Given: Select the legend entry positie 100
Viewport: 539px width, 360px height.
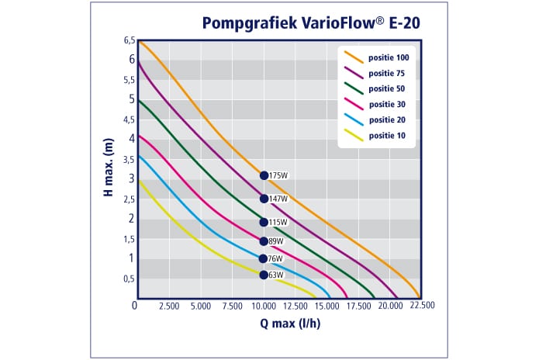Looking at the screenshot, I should (392, 58).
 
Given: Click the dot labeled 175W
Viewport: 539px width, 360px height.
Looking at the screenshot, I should (264, 175).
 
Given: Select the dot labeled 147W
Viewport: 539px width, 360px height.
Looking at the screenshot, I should (264, 199).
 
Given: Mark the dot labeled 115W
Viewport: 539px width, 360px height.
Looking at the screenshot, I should (264, 222).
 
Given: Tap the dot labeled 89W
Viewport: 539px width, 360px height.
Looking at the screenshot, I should (264, 241).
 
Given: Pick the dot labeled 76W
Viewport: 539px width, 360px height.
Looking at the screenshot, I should (264, 258).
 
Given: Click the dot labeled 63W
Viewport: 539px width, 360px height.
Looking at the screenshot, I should (264, 275).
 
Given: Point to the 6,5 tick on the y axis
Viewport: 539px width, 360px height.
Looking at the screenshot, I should (129, 40).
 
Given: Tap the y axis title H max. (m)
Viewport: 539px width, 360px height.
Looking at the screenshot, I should (109, 167).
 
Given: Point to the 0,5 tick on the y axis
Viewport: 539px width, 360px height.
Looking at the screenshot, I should (129, 279).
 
